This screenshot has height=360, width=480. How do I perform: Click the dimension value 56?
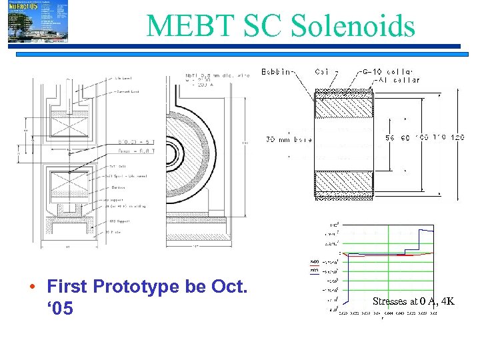(392, 138)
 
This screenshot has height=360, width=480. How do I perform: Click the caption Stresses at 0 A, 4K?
(413, 301)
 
